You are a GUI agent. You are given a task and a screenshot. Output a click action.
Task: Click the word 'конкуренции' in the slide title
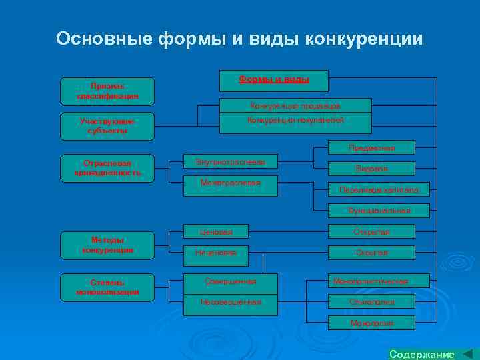[363, 38]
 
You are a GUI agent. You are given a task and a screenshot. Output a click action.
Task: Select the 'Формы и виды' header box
[274, 81]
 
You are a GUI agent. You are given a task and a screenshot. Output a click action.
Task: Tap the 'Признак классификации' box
[107, 91]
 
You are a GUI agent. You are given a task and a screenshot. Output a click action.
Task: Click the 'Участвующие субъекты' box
[107, 126]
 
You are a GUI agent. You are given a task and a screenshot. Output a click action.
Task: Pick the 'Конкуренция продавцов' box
[295, 106]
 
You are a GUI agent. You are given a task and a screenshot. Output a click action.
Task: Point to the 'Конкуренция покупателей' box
[295, 122]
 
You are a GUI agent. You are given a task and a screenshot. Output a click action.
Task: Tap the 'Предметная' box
[371, 147]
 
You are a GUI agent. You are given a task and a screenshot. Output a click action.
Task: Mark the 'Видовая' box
[371, 169]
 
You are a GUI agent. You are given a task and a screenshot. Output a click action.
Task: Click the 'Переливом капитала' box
[379, 190]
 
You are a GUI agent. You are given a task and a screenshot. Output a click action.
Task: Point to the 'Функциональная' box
[379, 211]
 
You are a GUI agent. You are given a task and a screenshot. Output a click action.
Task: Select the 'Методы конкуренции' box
[107, 245]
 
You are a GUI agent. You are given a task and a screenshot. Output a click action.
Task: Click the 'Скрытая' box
[371, 253]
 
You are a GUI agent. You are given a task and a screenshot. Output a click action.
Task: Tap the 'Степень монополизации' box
[107, 287]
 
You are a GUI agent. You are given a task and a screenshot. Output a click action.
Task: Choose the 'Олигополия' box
[371, 302]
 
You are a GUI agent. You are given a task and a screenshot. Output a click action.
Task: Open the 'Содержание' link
[421, 354]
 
